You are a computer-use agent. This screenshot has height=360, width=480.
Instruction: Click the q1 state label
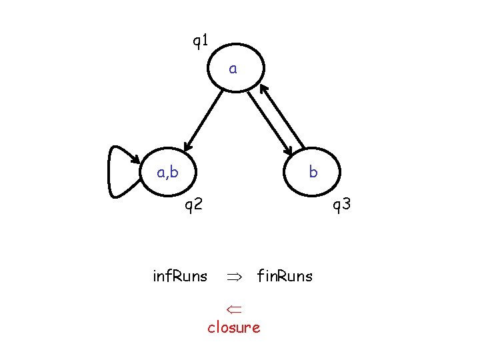pos(200,42)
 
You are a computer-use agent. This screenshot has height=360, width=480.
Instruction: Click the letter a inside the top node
pos(233,68)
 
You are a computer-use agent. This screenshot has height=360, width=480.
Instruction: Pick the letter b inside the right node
pos(313,173)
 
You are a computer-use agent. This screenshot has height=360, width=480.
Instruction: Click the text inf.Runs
pos(180,276)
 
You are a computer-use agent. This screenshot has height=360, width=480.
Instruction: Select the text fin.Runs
pos(285,276)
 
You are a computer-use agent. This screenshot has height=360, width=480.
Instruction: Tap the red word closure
pos(233,327)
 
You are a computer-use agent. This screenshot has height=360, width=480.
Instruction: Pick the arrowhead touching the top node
pos(263,89)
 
